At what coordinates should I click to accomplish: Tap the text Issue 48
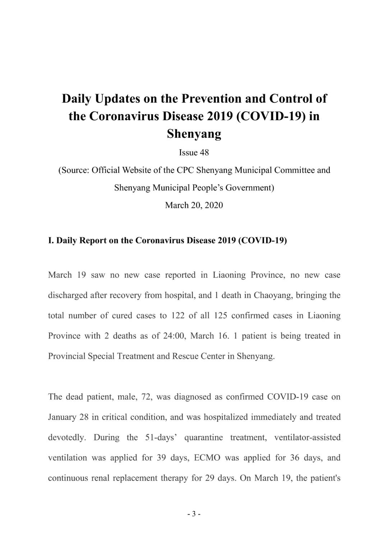[194, 153]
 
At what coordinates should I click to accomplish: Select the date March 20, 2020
[194, 205]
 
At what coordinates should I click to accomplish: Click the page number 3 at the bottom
[194, 514]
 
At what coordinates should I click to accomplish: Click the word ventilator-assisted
[307, 437]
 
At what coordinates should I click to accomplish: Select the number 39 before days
[161, 458]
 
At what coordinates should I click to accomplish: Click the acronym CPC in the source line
[185, 170]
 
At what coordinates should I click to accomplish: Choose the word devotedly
[67, 437]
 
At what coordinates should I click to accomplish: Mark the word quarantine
[203, 437]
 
